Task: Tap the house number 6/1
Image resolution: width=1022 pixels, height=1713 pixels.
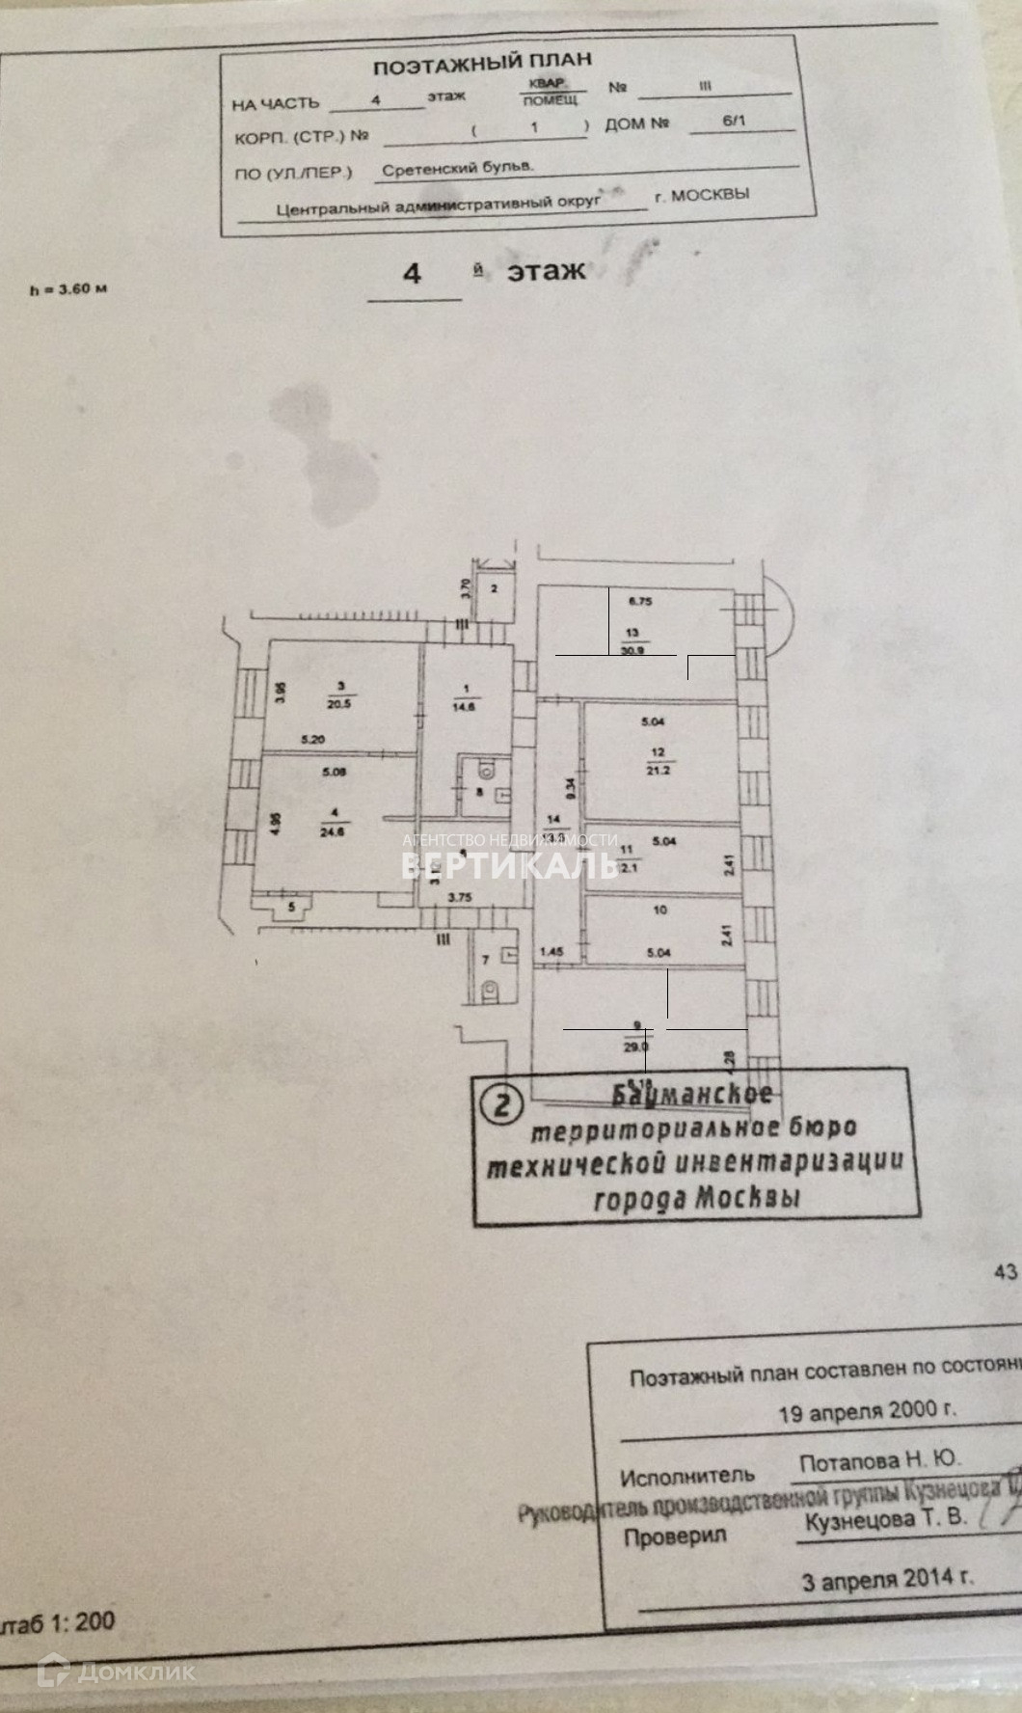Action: pyautogui.click(x=734, y=122)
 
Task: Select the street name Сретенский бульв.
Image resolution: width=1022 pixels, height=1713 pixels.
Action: pyautogui.click(x=458, y=167)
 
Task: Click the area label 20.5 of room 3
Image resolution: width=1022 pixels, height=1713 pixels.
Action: pyautogui.click(x=340, y=704)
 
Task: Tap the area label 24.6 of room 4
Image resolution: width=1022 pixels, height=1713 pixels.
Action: pyautogui.click(x=332, y=830)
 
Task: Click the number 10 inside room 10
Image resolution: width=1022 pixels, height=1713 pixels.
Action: pyautogui.click(x=659, y=910)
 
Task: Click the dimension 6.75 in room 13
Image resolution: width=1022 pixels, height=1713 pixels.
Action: pyautogui.click(x=641, y=601)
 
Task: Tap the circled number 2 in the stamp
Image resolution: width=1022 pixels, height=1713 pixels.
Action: pyautogui.click(x=502, y=1103)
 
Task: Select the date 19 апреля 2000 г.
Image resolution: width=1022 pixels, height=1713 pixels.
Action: pyautogui.click(x=867, y=1410)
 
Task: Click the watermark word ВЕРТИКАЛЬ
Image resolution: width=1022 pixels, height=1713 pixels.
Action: pyautogui.click(x=509, y=864)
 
